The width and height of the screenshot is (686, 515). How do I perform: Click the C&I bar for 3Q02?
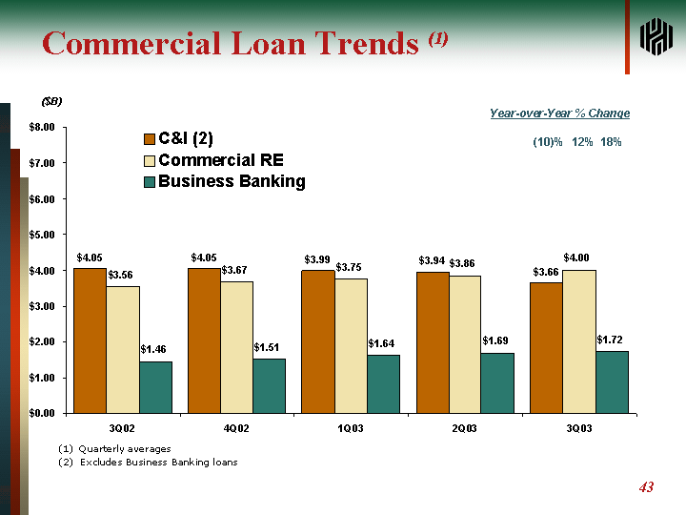(90, 340)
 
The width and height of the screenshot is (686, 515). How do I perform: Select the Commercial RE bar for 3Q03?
(578, 341)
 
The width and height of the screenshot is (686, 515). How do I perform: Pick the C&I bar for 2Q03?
(432, 342)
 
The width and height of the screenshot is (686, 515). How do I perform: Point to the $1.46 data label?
(153, 349)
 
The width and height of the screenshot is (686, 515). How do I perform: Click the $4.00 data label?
(576, 257)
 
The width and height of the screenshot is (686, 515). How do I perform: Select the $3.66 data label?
(545, 272)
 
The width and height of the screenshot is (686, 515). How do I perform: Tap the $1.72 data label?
(610, 340)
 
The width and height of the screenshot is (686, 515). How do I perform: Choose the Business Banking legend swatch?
(150, 182)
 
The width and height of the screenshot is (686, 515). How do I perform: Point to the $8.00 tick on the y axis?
(39, 127)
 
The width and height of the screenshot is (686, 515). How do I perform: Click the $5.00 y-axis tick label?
(39, 235)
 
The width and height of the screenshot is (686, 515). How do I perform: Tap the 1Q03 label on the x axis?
(350, 428)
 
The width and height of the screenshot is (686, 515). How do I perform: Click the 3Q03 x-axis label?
(577, 428)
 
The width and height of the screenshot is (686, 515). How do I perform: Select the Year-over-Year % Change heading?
(559, 113)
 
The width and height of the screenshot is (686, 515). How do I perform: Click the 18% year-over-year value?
(611, 142)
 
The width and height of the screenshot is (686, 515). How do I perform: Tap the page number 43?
(646, 487)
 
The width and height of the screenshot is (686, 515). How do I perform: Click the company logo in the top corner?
(656, 36)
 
